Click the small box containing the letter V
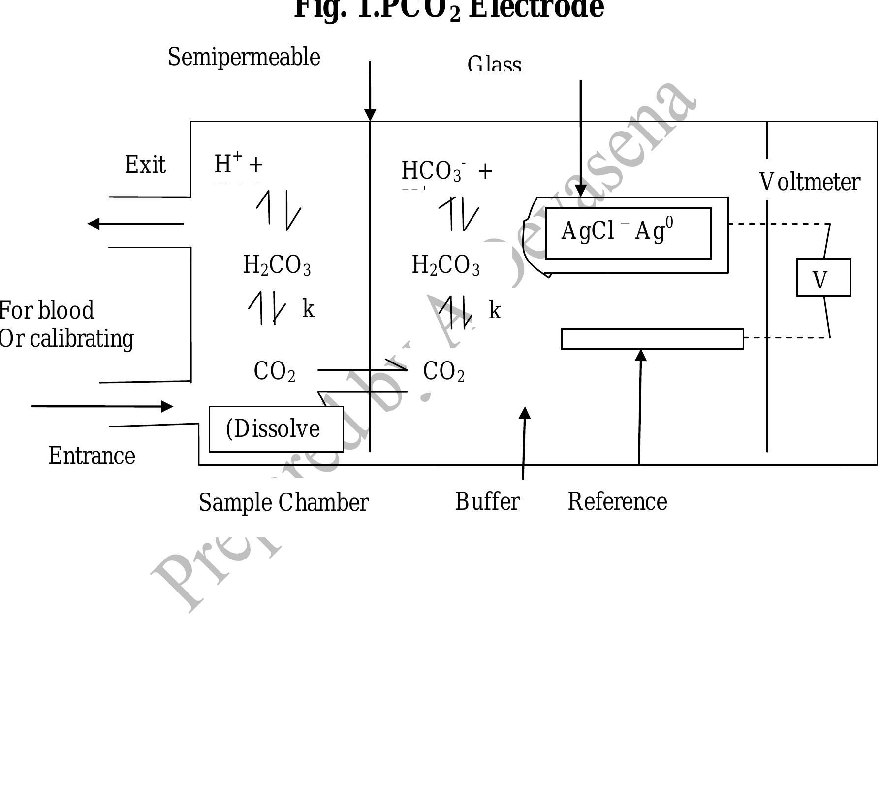click(x=823, y=278)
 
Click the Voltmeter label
click(x=810, y=183)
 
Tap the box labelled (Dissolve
click(x=276, y=429)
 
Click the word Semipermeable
click(x=244, y=58)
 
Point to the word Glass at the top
click(x=494, y=65)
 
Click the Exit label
click(x=145, y=165)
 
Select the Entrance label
click(x=92, y=456)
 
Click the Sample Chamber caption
click(x=283, y=503)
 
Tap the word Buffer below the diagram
click(x=487, y=502)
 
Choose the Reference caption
click(x=618, y=502)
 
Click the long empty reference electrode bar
click(x=652, y=339)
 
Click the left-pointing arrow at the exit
click(x=135, y=224)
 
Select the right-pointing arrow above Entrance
click(x=102, y=406)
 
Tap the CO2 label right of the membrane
click(x=443, y=372)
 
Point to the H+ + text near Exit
click(x=239, y=164)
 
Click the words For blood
click(x=47, y=311)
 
